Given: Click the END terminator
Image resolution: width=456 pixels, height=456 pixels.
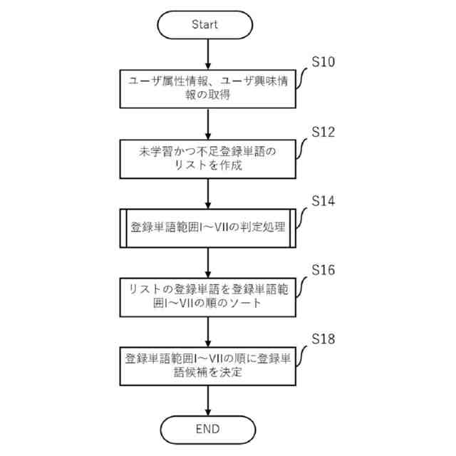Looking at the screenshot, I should pyautogui.click(x=207, y=429).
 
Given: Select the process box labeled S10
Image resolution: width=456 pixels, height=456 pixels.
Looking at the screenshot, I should pyautogui.click(x=207, y=90).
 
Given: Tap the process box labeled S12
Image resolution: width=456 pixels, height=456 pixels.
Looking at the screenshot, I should pyautogui.click(x=207, y=158).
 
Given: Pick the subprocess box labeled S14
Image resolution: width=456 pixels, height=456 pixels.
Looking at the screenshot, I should pyautogui.click(x=207, y=228).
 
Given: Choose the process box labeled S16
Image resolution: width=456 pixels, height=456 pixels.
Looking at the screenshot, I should pyautogui.click(x=207, y=296).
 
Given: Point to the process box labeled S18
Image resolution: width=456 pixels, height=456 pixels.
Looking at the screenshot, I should pyautogui.click(x=207, y=364).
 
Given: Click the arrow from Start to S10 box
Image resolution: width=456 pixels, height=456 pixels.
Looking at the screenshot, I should pyautogui.click(x=207, y=54).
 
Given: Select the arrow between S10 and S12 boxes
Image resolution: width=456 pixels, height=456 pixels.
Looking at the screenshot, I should pyautogui.click(x=207, y=123).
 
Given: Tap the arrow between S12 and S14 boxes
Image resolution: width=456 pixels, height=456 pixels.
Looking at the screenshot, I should pyautogui.click(x=207, y=192).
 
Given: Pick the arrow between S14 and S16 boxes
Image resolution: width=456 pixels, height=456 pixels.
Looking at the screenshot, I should pyautogui.click(x=207, y=261).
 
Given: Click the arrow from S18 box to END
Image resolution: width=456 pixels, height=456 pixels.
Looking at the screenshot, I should pyautogui.click(x=207, y=400).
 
